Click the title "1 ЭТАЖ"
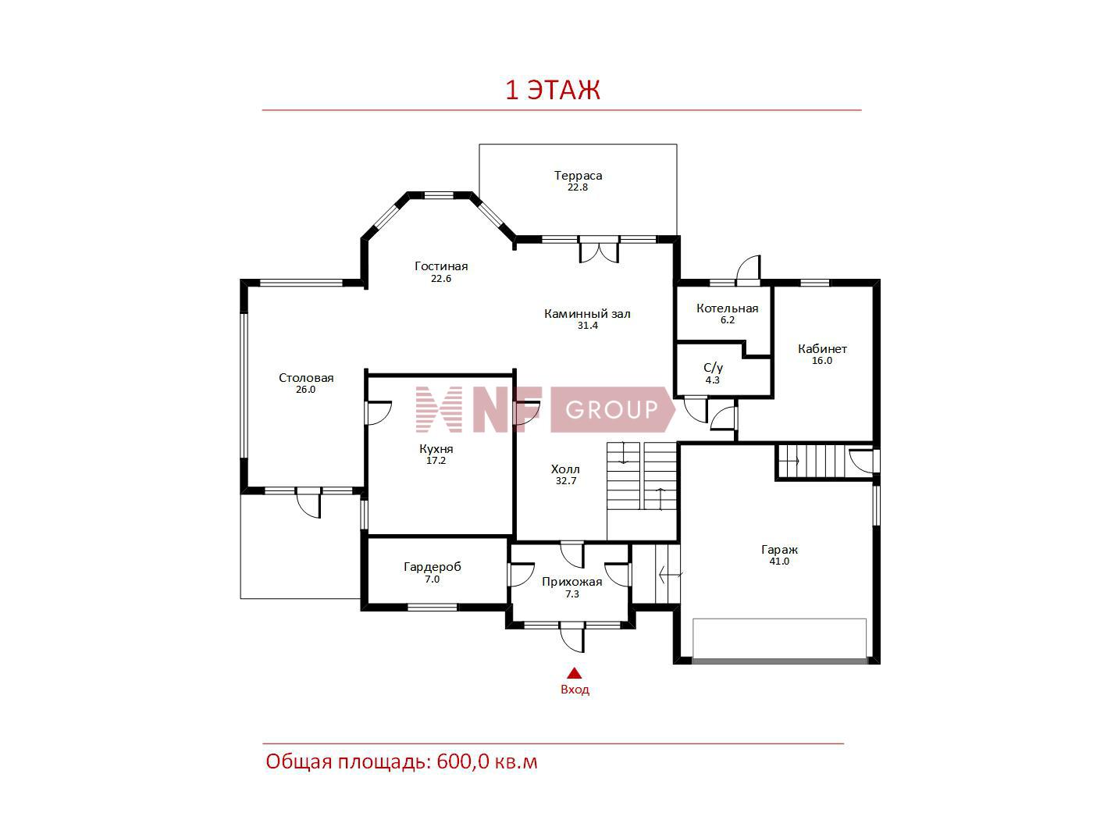[553, 90]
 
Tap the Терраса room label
[579, 175]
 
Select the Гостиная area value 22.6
[440, 278]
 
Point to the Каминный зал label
[587, 314]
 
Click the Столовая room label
[306, 377]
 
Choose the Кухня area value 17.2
[436, 461]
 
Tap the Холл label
[565, 469]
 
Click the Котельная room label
[727, 308]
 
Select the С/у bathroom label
[713, 368]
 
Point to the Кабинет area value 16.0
[821, 361]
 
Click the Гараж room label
[779, 550]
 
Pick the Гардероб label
[433, 567]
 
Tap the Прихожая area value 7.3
[571, 594]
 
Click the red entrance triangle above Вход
[575, 673]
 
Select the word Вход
[575, 690]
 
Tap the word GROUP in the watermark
[611, 409]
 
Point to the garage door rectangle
[780, 640]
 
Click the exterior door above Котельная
[749, 270]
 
